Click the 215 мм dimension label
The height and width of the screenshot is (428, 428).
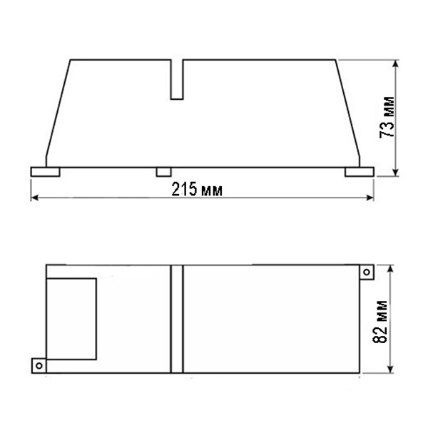pos(197,189)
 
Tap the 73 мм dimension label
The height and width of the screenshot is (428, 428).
pos(387,117)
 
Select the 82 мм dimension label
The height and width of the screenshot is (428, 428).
pos(379,322)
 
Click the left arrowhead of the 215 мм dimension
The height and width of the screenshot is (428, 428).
pos(34,198)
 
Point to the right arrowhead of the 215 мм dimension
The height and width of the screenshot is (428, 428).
pos(370,198)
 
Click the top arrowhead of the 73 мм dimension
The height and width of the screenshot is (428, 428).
pos(396,63)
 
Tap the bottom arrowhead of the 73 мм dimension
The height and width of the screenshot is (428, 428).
pos(396,173)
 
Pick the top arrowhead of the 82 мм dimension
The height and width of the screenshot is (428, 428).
pos(390,269)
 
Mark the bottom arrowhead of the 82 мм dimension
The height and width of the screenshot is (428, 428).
pos(390,369)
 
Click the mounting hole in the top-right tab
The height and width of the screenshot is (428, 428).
pos(367,272)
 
